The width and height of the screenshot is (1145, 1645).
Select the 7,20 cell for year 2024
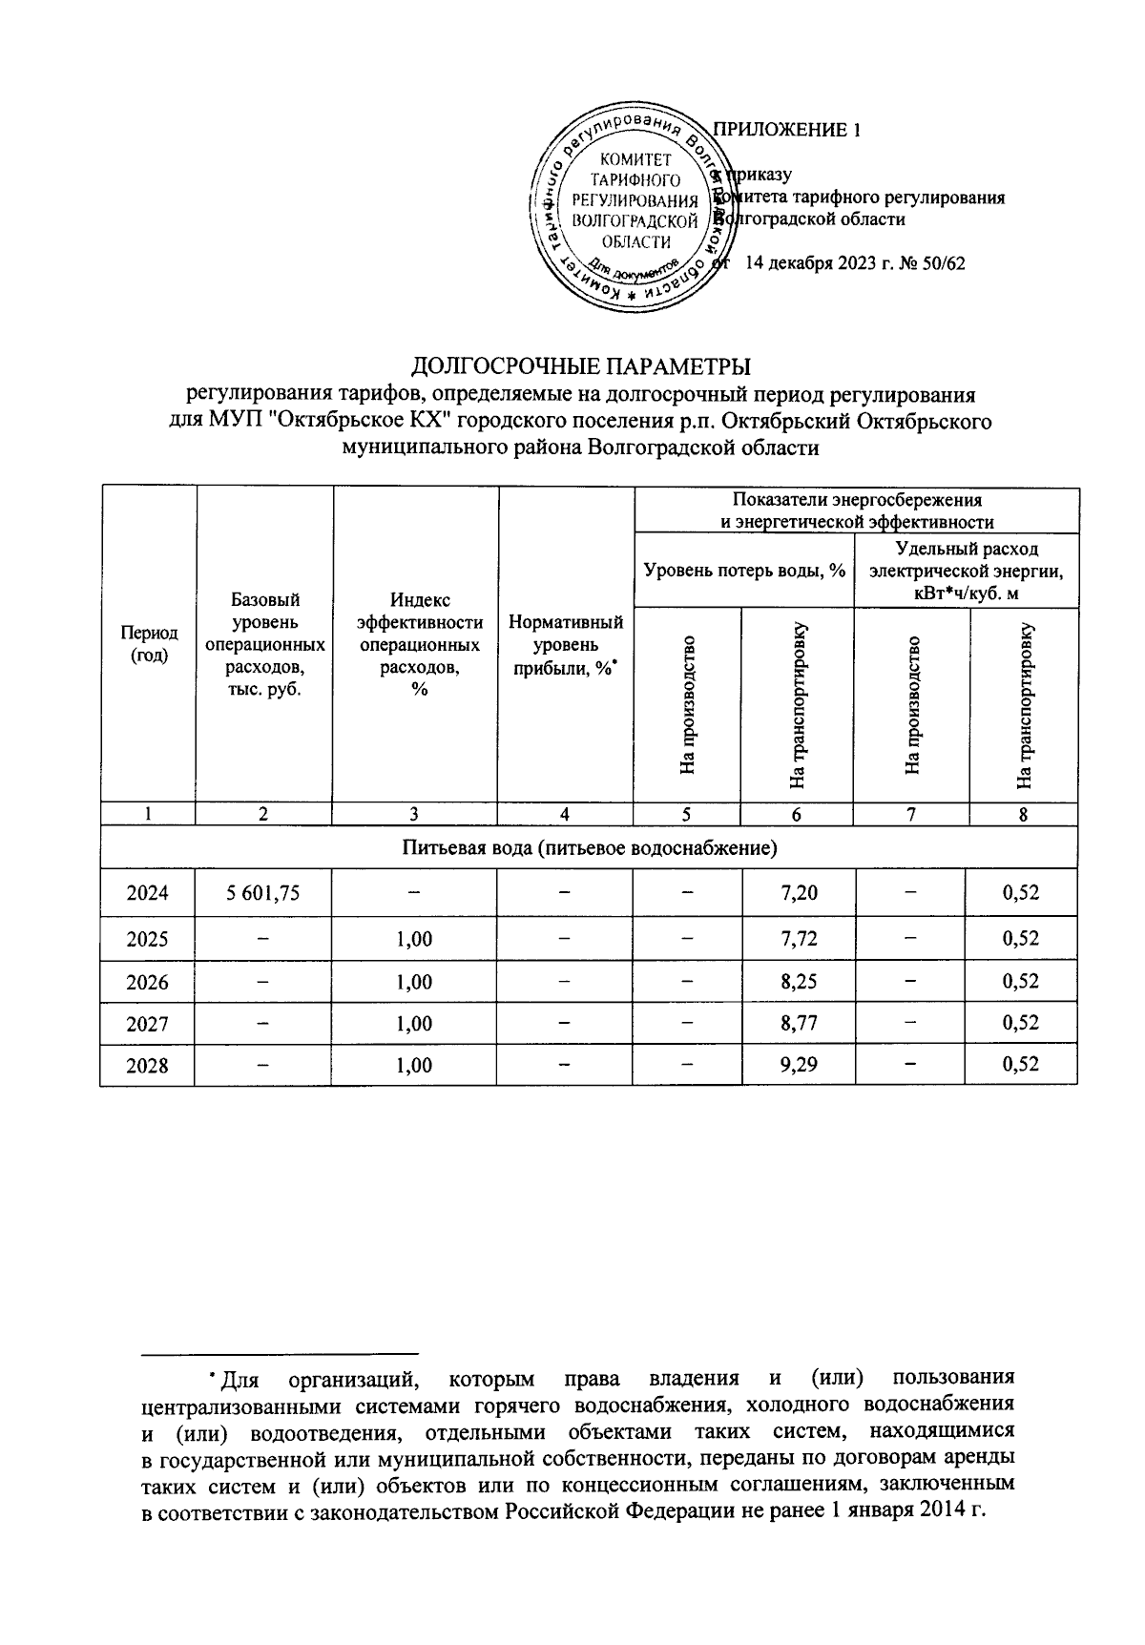tap(798, 893)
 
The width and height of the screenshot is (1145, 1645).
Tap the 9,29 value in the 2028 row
tap(798, 1065)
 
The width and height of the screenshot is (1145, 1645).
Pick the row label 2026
tap(147, 982)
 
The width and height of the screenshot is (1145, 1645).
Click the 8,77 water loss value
tap(798, 1023)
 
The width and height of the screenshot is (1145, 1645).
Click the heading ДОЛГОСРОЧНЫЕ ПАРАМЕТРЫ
tap(580, 366)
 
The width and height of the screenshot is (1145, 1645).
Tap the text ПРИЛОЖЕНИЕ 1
tap(787, 131)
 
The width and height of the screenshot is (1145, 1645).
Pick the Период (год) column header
tap(148, 644)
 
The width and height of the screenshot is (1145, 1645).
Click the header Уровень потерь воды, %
tap(744, 571)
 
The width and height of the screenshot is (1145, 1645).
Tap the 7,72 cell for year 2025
tap(798, 939)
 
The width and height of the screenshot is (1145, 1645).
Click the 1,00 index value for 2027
tap(414, 1023)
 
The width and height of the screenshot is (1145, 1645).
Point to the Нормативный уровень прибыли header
tap(566, 645)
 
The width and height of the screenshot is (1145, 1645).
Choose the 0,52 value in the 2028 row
tap(1021, 1065)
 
